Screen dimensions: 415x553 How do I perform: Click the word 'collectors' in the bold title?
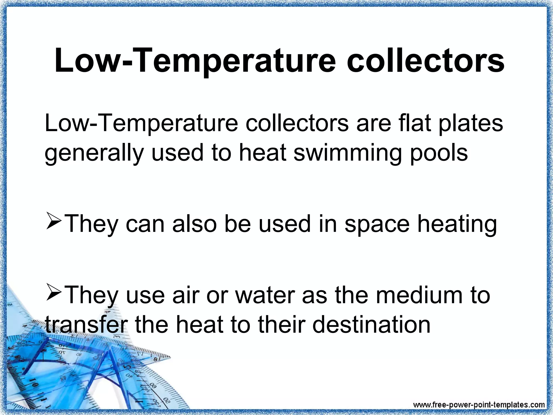pos(425,61)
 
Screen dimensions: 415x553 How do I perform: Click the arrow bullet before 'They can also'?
pos(54,221)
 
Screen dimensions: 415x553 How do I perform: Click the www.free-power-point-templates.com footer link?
pos(479,405)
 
